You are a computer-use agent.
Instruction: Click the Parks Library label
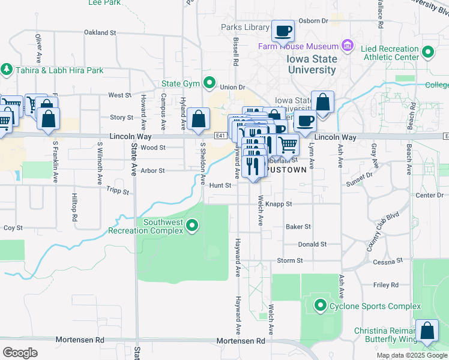pyautogui.click(x=244, y=27)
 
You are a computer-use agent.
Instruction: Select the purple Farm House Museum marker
pyautogui.click(x=346, y=46)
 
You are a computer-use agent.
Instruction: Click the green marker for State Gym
pyautogui.click(x=209, y=83)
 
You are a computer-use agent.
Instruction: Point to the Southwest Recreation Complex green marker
pyautogui.click(x=192, y=226)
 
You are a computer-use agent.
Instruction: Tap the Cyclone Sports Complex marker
pyautogui.click(x=320, y=306)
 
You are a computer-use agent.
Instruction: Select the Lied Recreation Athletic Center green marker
pyautogui.click(x=428, y=52)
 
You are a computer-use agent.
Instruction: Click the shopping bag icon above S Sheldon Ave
pyautogui.click(x=198, y=119)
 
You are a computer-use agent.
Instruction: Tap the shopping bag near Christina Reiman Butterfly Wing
pyautogui.click(x=427, y=331)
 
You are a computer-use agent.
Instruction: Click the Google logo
pyautogui.click(x=20, y=352)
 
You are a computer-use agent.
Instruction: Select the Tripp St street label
pyautogui.click(x=118, y=191)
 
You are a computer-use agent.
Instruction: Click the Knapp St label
pyautogui.click(x=279, y=204)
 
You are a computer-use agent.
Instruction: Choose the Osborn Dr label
pyautogui.click(x=318, y=20)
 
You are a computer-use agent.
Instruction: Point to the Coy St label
pyautogui.click(x=13, y=228)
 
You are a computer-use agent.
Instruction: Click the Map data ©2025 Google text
pyautogui.click(x=412, y=355)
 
